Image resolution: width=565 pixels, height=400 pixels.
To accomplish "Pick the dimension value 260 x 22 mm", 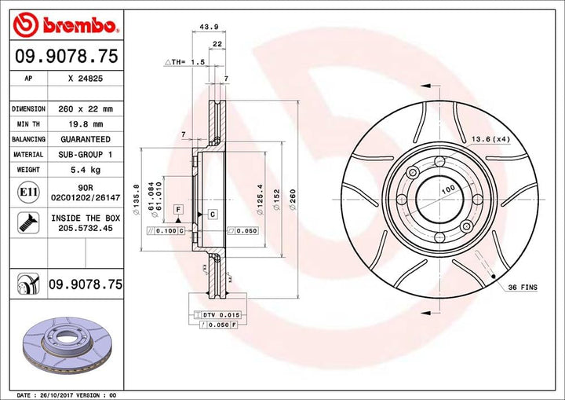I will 86,108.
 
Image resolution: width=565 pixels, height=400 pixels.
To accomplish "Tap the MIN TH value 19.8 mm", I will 86,124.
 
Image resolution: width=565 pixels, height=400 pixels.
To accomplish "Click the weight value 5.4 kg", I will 86,170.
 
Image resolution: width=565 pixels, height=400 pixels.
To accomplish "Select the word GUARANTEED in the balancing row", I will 86,140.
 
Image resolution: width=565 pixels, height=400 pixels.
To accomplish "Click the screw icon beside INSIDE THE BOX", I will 24,222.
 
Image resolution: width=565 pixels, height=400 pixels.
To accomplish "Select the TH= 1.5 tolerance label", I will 185,61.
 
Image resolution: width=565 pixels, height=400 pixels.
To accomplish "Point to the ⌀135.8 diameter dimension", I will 138,193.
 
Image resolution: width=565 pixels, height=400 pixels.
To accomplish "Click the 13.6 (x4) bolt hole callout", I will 489,140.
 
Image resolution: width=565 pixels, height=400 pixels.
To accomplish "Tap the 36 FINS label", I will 522,288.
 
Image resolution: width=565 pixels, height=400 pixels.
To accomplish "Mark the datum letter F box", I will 179,208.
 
